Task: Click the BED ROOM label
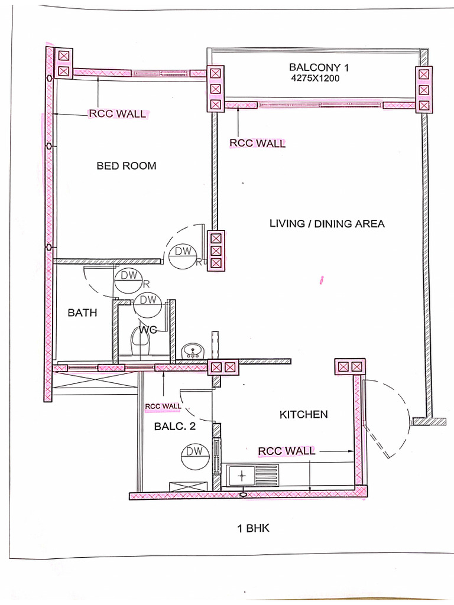point(127,166)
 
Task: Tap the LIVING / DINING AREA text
point(327,223)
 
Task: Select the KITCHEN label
point(303,415)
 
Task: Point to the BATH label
point(82,313)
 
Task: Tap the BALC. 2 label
point(175,427)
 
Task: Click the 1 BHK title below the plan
point(253,528)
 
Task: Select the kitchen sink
point(242,474)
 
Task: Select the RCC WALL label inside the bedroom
point(117,114)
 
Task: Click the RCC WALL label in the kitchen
point(287,451)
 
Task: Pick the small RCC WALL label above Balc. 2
point(163,406)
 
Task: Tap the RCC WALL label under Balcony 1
point(257,143)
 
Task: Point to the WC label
point(148,330)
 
